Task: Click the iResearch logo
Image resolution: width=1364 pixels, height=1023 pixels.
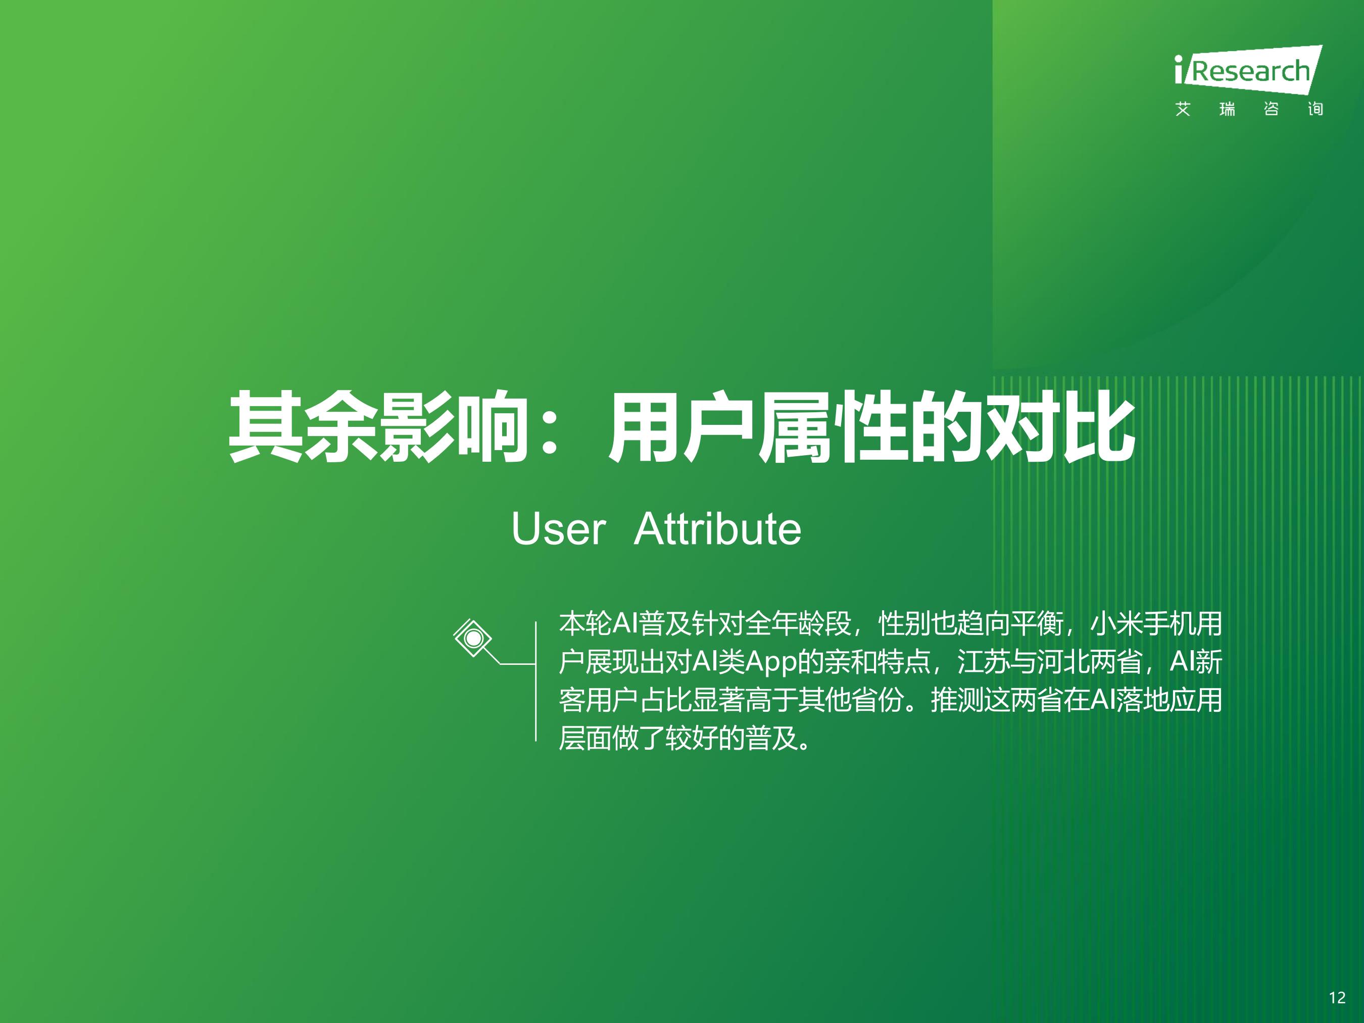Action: [1248, 70]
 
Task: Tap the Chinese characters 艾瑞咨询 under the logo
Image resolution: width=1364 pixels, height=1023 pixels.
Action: [1249, 109]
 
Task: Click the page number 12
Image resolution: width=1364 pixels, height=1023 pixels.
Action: [1337, 997]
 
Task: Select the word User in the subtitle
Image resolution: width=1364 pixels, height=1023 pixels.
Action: [558, 529]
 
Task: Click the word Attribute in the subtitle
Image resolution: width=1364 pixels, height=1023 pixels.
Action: [717, 529]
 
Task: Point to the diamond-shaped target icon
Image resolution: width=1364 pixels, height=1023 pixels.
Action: [473, 638]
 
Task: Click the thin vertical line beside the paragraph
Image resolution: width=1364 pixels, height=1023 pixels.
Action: [536, 681]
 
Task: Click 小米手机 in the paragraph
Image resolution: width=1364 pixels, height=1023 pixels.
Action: [1143, 623]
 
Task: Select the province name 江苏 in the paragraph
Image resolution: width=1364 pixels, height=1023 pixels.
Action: [984, 662]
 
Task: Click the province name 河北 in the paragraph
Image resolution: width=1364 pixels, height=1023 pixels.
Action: [1063, 662]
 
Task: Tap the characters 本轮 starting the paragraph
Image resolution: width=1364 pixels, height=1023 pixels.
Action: [584, 623]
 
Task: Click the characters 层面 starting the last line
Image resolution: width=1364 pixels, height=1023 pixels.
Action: [584, 738]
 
